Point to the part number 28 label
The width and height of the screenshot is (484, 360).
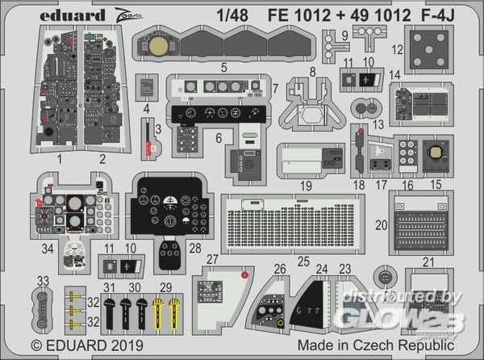click(194, 249)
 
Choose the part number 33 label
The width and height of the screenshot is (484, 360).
click(42, 280)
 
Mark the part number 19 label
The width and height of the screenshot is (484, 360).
click(306, 186)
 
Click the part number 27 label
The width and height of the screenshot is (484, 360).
click(212, 259)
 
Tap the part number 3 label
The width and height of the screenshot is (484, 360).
click(159, 128)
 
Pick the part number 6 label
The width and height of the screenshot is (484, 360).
click(219, 138)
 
